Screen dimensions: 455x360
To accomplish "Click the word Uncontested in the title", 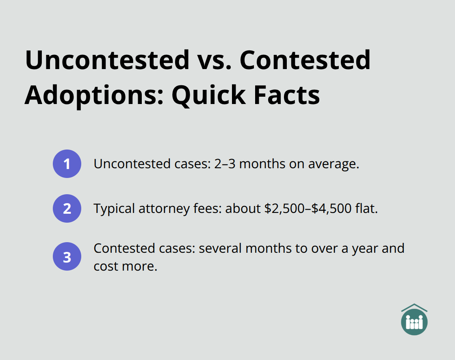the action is click(x=107, y=60).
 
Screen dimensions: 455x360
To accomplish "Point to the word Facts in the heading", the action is click(x=287, y=95).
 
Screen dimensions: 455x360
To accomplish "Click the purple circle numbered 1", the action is click(x=67, y=164).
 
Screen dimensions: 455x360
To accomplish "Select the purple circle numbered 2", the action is click(x=67, y=208).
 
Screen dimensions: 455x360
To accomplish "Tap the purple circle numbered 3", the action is click(x=67, y=257).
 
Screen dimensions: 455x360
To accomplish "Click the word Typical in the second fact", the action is click(x=114, y=209).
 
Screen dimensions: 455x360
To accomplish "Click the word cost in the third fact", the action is click(x=104, y=267).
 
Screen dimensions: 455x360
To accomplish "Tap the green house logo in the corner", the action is click(x=414, y=319).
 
